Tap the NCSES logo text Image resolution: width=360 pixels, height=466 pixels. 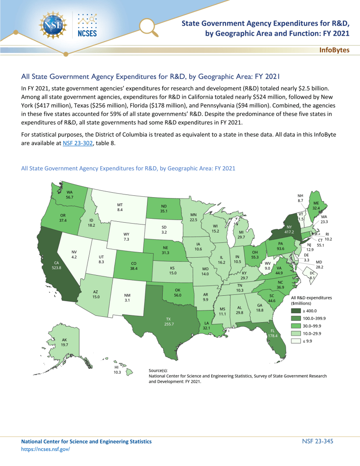87,33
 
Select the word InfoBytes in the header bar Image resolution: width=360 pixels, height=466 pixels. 334,50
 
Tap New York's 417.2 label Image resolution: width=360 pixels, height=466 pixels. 288,233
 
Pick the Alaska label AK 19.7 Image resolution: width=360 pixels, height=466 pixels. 65,345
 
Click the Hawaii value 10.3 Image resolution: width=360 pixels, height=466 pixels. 117,372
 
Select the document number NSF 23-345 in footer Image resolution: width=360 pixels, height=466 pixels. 318,441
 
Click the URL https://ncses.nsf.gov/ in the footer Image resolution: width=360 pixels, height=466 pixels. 46,449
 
